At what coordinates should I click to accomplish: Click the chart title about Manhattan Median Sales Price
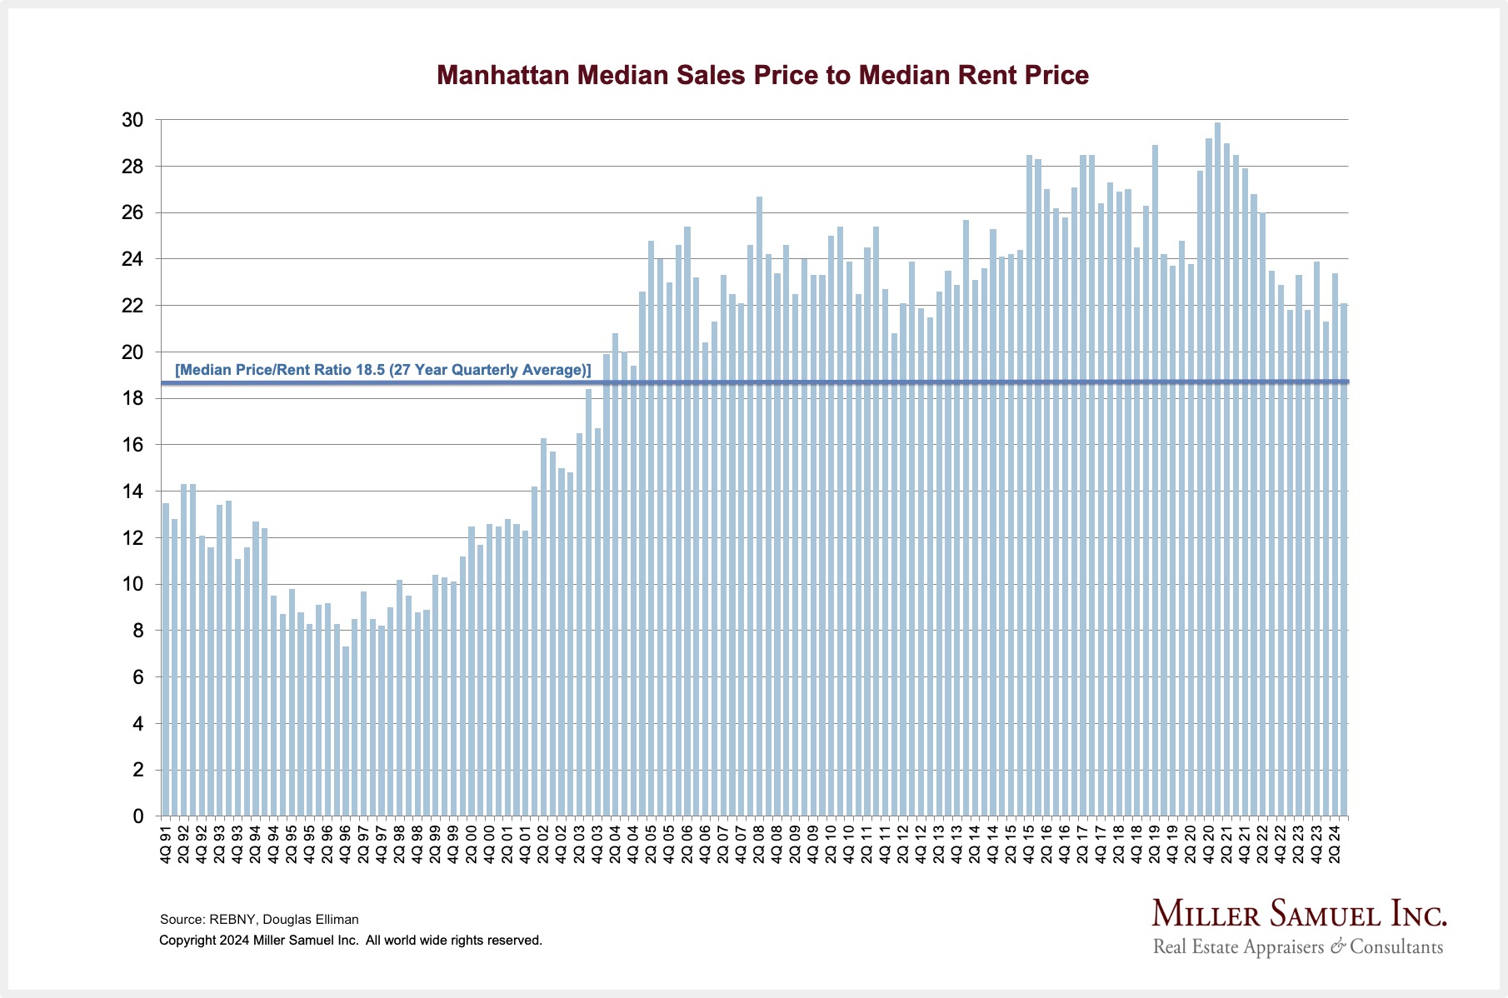pyautogui.click(x=762, y=75)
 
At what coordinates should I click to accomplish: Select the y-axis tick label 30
pyautogui.click(x=132, y=120)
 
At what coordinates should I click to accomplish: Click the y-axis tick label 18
pyautogui.click(x=132, y=399)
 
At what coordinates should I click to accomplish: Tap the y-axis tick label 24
pyautogui.click(x=132, y=260)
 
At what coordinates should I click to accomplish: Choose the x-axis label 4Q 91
pyautogui.click(x=166, y=844)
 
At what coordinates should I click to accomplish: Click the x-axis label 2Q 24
pyautogui.click(x=1334, y=844)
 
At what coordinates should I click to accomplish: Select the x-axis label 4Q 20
pyautogui.click(x=1208, y=844)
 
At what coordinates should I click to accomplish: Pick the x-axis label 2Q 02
pyautogui.click(x=543, y=844)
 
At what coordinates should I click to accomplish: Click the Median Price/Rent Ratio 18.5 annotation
pyautogui.click(x=383, y=370)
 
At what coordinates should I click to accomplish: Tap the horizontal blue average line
pyautogui.click(x=916, y=382)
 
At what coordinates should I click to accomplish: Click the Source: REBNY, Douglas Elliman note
pyautogui.click(x=259, y=920)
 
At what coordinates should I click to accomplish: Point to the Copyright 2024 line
pyautogui.click(x=350, y=941)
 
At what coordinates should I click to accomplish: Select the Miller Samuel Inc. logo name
pyautogui.click(x=1299, y=914)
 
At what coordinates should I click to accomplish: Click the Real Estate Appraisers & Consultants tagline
pyautogui.click(x=1297, y=947)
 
